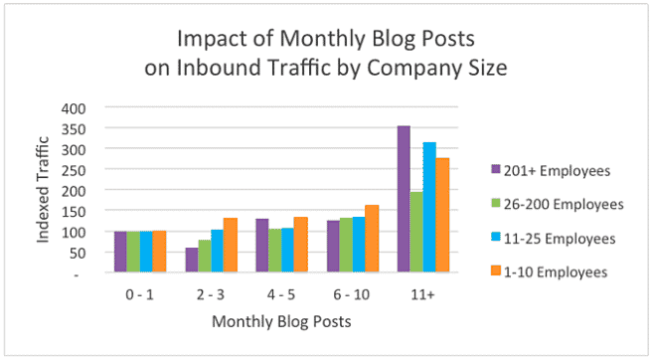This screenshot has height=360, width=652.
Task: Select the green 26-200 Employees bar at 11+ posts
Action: click(416, 232)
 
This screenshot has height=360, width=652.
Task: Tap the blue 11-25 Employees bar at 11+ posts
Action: click(429, 207)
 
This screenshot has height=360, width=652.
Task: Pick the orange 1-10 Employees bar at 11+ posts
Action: click(443, 215)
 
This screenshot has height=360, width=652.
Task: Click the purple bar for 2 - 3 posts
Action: click(191, 260)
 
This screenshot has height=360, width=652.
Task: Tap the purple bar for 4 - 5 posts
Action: click(262, 245)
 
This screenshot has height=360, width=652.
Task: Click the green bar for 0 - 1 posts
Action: click(133, 252)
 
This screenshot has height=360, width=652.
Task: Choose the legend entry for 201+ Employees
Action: click(557, 169)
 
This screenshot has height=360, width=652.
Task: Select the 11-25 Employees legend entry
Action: click(557, 239)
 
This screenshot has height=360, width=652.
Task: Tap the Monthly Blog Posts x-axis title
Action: click(280, 321)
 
